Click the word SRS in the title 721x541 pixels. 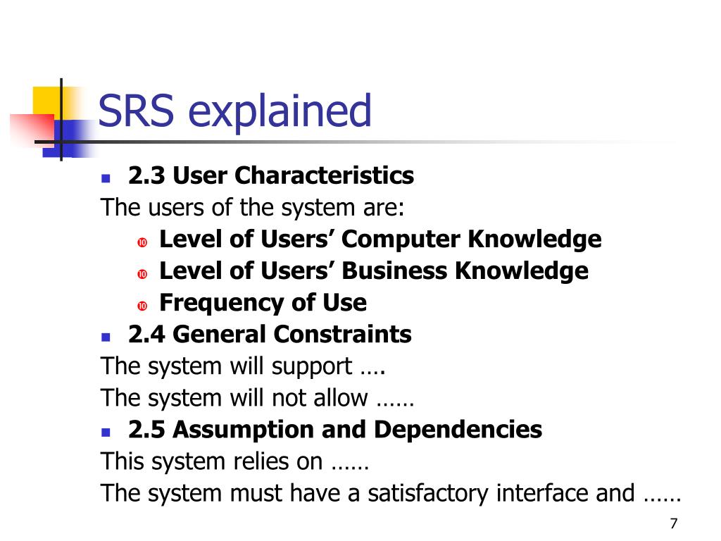click(136, 111)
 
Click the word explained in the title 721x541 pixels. click(280, 112)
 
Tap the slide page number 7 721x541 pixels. click(674, 523)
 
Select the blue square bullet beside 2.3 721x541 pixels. click(106, 178)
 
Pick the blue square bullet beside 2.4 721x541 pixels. click(106, 337)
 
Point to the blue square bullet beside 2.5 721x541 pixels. click(106, 433)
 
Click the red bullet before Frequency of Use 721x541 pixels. click(142, 306)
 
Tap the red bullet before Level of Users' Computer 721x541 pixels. click(142, 242)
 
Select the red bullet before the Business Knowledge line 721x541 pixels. click(142, 274)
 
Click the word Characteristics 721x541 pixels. click(325, 175)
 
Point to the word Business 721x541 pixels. click(394, 270)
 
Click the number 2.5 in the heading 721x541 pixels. click(146, 430)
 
